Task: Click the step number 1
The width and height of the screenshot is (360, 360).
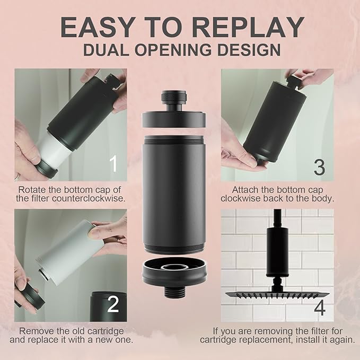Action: [x=113, y=164]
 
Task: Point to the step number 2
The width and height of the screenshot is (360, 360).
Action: [x=113, y=304]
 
